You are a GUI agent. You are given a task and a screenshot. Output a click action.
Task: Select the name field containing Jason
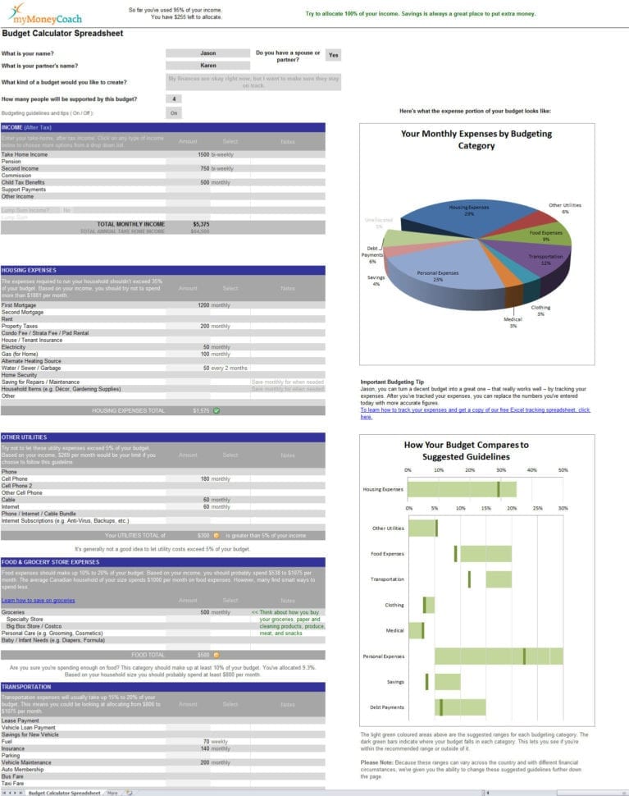(x=207, y=53)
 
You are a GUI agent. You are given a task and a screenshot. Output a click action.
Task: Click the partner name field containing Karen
(x=207, y=65)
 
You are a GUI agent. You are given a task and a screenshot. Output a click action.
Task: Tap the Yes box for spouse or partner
(x=333, y=55)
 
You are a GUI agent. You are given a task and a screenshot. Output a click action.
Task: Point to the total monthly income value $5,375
(x=201, y=223)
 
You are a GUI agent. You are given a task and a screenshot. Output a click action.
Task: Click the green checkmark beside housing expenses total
(x=217, y=410)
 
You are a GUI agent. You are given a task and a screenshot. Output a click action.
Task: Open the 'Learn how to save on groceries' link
(x=38, y=601)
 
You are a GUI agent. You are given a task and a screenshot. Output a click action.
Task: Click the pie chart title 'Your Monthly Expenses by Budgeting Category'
(x=476, y=140)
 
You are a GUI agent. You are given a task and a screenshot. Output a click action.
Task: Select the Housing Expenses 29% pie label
(x=469, y=210)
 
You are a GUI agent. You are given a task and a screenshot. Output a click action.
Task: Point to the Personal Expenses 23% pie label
(x=437, y=276)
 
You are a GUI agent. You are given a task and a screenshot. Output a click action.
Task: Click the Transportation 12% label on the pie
(x=545, y=259)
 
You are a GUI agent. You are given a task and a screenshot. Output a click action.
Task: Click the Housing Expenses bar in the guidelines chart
(x=462, y=489)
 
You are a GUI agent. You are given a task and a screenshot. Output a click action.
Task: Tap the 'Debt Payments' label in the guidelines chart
(x=386, y=707)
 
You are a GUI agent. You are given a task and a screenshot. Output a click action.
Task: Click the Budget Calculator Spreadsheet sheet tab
(x=64, y=793)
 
